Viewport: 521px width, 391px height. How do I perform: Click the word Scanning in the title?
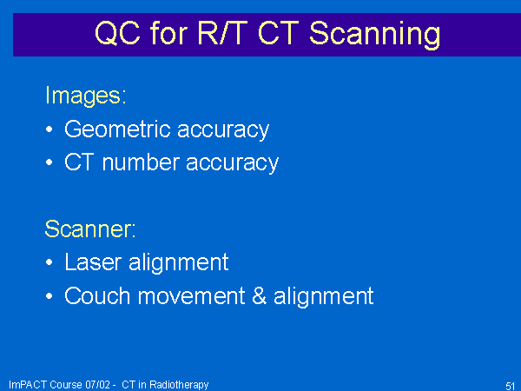point(375,35)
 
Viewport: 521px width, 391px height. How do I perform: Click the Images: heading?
point(86,96)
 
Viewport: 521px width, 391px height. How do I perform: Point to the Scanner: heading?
point(90,229)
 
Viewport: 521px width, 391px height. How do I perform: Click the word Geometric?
point(117,129)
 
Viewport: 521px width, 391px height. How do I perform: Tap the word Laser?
point(93,262)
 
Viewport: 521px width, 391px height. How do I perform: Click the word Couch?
point(97,295)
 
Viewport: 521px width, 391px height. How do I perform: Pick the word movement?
point(191,296)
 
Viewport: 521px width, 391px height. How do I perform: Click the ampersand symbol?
point(259,295)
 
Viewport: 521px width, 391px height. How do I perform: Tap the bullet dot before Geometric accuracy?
point(49,129)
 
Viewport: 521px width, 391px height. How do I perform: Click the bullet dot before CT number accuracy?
point(49,162)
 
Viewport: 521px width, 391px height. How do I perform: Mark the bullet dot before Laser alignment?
point(49,262)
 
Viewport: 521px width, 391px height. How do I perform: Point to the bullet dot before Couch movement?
point(49,295)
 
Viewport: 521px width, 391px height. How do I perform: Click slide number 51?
point(511,386)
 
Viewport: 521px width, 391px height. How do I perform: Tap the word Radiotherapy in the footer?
point(179,385)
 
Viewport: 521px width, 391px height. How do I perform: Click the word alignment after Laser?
point(178,262)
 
